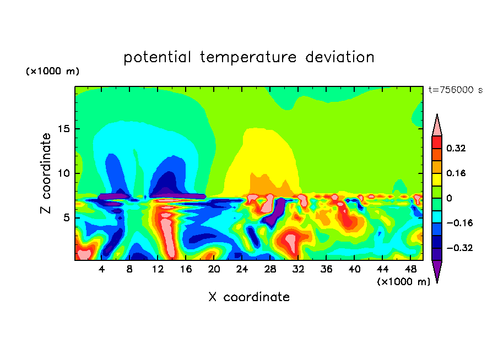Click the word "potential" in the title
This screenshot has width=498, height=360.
(157, 58)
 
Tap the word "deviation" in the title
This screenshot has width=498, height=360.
(340, 57)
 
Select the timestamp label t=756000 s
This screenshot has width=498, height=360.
(456, 90)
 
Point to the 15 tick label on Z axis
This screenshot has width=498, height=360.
(64, 129)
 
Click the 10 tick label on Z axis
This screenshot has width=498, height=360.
(64, 173)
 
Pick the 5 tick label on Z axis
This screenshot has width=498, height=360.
(66, 218)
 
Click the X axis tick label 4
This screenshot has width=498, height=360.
(101, 269)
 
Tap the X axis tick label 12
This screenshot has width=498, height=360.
(158, 269)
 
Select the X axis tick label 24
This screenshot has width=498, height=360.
(242, 269)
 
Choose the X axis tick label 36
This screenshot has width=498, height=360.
(326, 269)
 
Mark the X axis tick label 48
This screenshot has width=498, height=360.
(410, 269)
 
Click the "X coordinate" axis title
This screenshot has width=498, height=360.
(249, 297)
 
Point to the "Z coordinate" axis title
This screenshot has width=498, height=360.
(45, 173)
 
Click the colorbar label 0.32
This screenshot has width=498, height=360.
(456, 148)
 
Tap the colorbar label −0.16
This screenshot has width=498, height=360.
(459, 223)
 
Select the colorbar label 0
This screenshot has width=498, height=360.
(449, 198)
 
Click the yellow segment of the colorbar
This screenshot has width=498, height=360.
(437, 179)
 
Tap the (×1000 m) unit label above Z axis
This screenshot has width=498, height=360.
(52, 71)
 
